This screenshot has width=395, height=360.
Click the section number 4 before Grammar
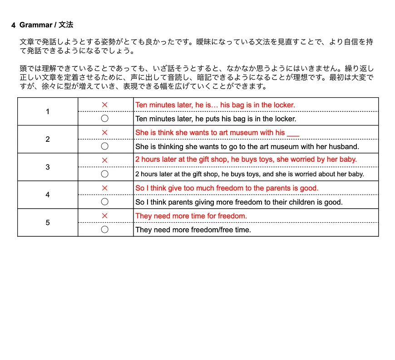coord(14,25)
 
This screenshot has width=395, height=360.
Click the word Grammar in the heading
coord(35,25)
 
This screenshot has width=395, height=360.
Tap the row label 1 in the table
coord(48,112)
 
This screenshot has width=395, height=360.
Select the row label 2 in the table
coord(48,140)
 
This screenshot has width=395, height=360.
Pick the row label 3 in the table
coord(48,167)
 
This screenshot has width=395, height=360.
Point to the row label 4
coord(48,195)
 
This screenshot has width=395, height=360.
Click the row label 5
coord(48,223)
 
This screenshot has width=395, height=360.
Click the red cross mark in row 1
coord(105,105)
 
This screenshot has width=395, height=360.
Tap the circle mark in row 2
coord(105,146)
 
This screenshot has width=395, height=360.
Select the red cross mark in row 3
coord(105,160)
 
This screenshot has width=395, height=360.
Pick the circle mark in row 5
coord(105,230)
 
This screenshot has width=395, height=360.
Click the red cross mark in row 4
coord(105,188)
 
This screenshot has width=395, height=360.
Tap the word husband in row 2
coord(343,147)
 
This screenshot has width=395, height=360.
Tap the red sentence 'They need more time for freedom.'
coord(191,216)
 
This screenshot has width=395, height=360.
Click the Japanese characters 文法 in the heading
coord(66,25)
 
